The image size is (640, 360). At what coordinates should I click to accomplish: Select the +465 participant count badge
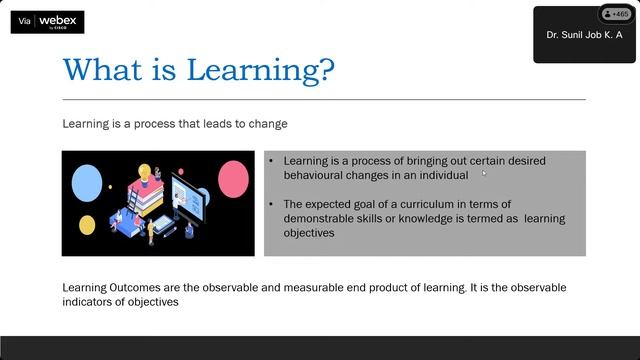612,14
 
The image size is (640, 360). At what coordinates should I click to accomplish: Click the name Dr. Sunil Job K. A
583,35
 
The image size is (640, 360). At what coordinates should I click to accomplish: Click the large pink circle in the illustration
233,178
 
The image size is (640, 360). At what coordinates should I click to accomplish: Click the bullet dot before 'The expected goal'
272,204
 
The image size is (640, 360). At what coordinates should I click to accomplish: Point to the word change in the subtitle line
267,124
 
